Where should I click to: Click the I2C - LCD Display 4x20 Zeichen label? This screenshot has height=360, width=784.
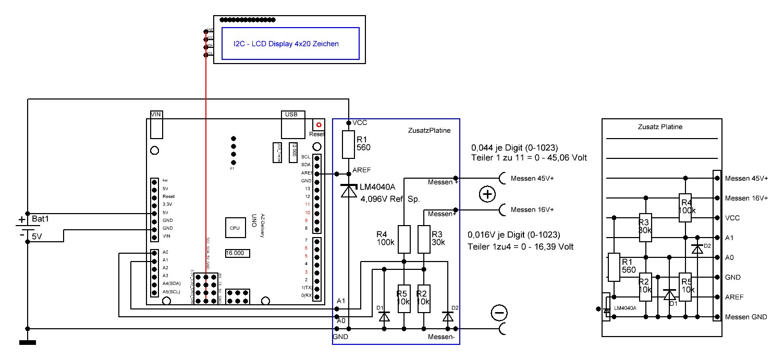point(286,44)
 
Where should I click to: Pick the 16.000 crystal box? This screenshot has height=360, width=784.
point(237,253)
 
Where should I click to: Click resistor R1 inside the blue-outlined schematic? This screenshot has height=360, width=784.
point(349,144)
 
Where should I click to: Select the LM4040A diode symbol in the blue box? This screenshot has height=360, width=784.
point(349,191)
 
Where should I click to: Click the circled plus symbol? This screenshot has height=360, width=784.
point(487,194)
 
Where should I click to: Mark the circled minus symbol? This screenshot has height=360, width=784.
point(499,313)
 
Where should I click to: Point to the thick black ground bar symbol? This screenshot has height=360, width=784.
point(27,343)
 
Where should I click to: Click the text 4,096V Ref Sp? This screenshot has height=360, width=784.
point(390,198)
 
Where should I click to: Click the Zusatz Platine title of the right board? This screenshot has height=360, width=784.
point(660,127)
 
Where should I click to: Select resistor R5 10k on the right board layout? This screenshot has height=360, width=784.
point(685,287)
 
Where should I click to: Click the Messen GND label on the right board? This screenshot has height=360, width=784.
point(746,317)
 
